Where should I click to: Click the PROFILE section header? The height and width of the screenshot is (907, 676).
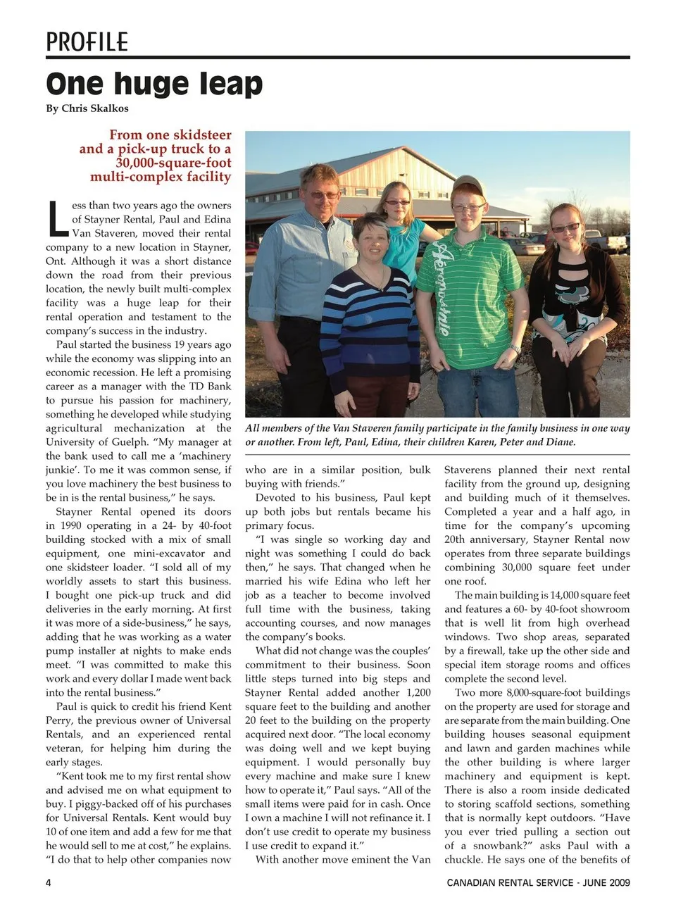(87, 42)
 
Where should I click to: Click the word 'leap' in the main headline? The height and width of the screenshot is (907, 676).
(230, 85)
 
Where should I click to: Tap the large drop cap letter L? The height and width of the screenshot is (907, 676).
(58, 220)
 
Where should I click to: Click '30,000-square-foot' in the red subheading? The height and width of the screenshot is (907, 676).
(173, 163)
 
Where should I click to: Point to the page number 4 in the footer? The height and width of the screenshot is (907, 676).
(49, 882)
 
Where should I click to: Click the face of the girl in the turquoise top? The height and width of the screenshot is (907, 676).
(396, 204)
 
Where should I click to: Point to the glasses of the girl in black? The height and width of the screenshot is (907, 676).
(565, 228)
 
